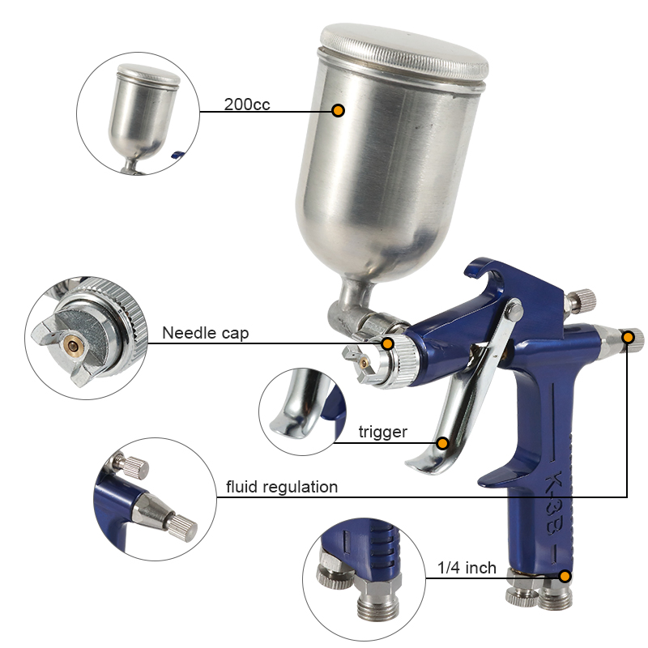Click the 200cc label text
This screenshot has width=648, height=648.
click(247, 104)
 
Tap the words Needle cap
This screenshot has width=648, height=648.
click(206, 333)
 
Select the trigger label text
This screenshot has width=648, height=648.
click(382, 432)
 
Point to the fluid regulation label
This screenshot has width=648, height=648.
click(282, 488)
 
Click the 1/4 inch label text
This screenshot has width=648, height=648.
click(467, 568)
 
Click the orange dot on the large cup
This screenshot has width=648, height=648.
click(338, 110)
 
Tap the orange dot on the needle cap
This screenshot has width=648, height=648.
click(387, 343)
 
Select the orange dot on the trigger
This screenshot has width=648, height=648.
click(442, 443)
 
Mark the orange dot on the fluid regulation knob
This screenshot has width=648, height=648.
click(629, 338)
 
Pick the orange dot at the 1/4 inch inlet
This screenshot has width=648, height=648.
click(565, 576)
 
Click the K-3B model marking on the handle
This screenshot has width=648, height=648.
click(553, 502)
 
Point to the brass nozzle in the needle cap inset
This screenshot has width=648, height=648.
click(74, 343)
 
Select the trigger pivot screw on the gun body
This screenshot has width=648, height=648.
click(514, 309)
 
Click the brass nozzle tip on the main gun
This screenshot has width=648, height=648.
click(364, 363)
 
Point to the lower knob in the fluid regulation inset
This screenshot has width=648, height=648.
click(181, 528)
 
